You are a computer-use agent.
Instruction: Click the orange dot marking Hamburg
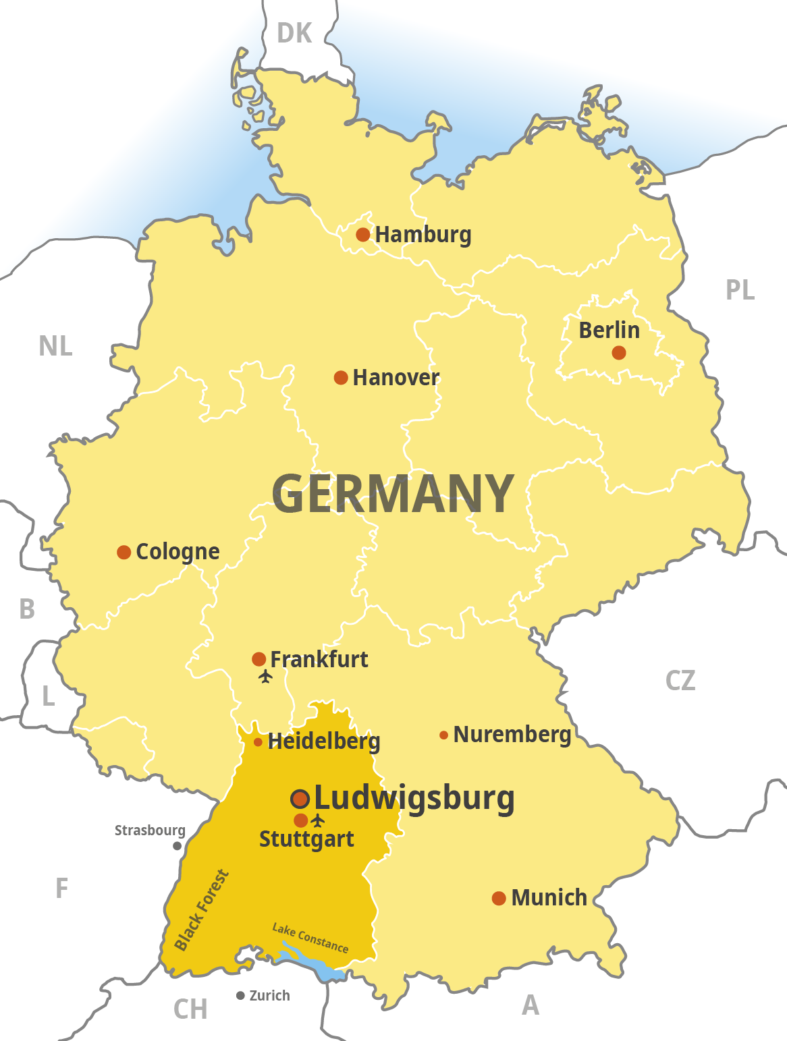coord(362,235)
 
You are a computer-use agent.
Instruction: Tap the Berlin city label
coord(609,330)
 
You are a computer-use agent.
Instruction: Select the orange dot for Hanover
coord(341,378)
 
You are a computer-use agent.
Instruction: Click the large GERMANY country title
coord(393,494)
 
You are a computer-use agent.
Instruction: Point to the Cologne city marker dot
coord(124,553)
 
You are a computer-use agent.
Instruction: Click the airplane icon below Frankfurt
coord(265,676)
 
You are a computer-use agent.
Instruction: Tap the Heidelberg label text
coord(324,741)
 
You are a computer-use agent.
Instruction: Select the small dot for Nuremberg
coord(443,735)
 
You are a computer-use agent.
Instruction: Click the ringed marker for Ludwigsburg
coord(300,799)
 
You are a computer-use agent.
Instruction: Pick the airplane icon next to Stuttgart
coord(318,820)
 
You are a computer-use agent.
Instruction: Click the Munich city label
coord(549,898)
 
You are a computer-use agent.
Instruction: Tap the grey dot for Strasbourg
coord(177,846)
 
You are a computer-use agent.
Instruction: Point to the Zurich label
coord(269,996)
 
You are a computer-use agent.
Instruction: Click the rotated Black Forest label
coord(201,911)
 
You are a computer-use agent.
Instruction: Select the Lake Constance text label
coord(310,938)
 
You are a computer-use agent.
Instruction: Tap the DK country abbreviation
coord(294,33)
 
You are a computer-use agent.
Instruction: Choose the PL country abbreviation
coord(740,290)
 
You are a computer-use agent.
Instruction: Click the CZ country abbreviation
coord(680,681)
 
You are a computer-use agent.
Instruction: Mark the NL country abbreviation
coord(55,346)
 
